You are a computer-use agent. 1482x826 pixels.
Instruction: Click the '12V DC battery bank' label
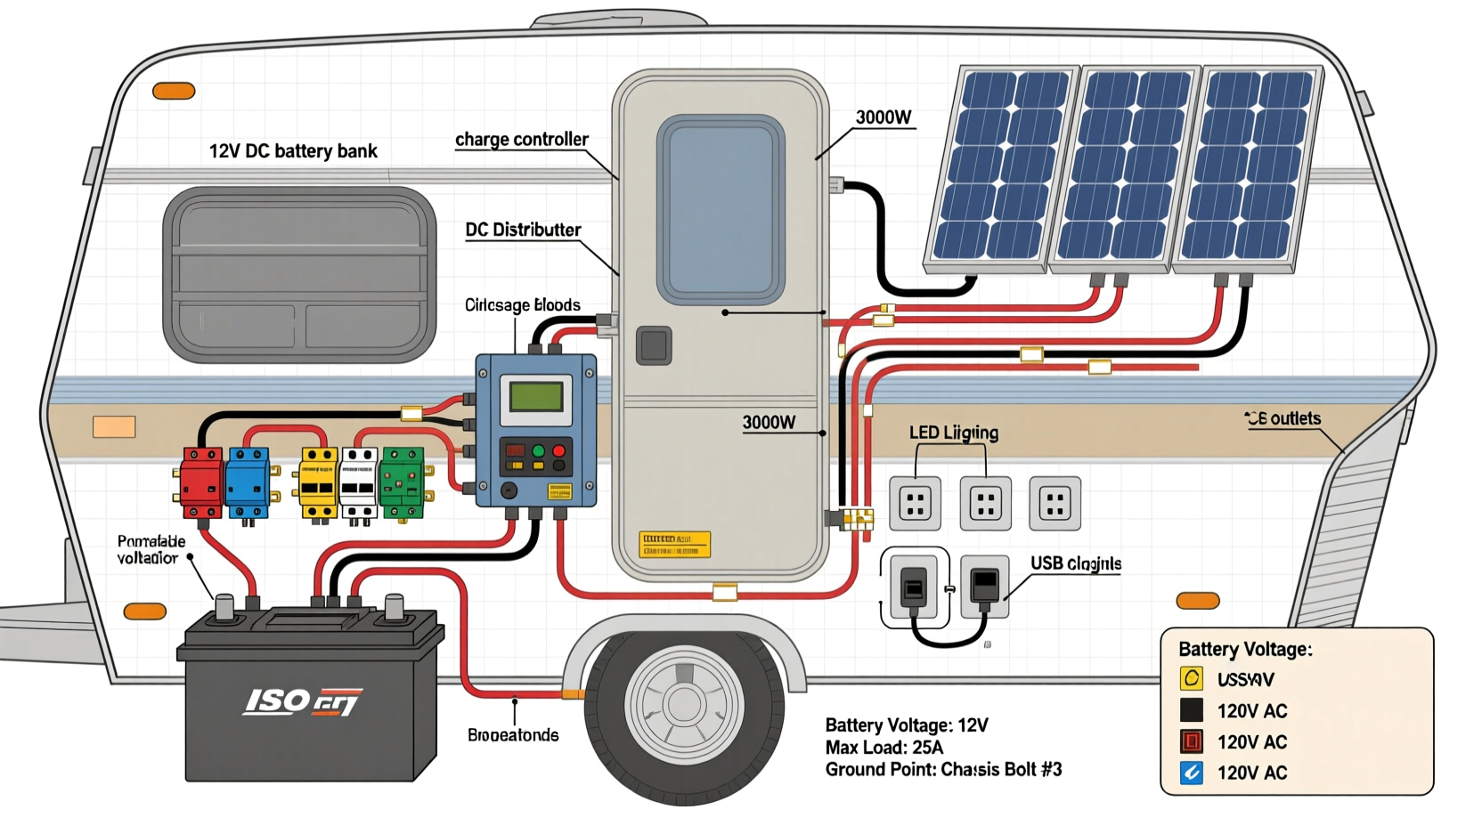pos(293,151)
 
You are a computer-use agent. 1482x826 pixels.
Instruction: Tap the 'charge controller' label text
pos(522,140)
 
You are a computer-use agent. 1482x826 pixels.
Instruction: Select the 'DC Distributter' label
pos(523,230)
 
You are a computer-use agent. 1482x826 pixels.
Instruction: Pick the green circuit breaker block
pos(403,482)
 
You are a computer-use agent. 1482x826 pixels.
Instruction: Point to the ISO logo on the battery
pos(302,701)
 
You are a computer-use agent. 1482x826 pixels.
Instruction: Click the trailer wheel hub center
pos(684,703)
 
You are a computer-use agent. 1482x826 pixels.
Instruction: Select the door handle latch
pos(654,345)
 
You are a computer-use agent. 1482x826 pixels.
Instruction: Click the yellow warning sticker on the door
pos(674,544)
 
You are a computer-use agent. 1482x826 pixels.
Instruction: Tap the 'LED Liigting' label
pos(954,433)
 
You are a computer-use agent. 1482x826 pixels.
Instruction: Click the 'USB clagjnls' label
pos(1076,563)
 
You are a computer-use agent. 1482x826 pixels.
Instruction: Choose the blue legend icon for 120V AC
pos(1192,773)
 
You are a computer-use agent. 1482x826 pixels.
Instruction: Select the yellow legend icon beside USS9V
pos(1192,679)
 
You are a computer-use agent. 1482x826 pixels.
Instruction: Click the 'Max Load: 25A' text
pos(884,748)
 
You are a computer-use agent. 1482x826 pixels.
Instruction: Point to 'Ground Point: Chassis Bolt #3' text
pos(943,770)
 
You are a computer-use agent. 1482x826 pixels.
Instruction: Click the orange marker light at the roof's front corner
pos(174,91)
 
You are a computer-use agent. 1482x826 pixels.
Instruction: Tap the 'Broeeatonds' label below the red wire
pos(513,735)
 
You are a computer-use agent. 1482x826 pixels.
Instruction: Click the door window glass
pos(721,209)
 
